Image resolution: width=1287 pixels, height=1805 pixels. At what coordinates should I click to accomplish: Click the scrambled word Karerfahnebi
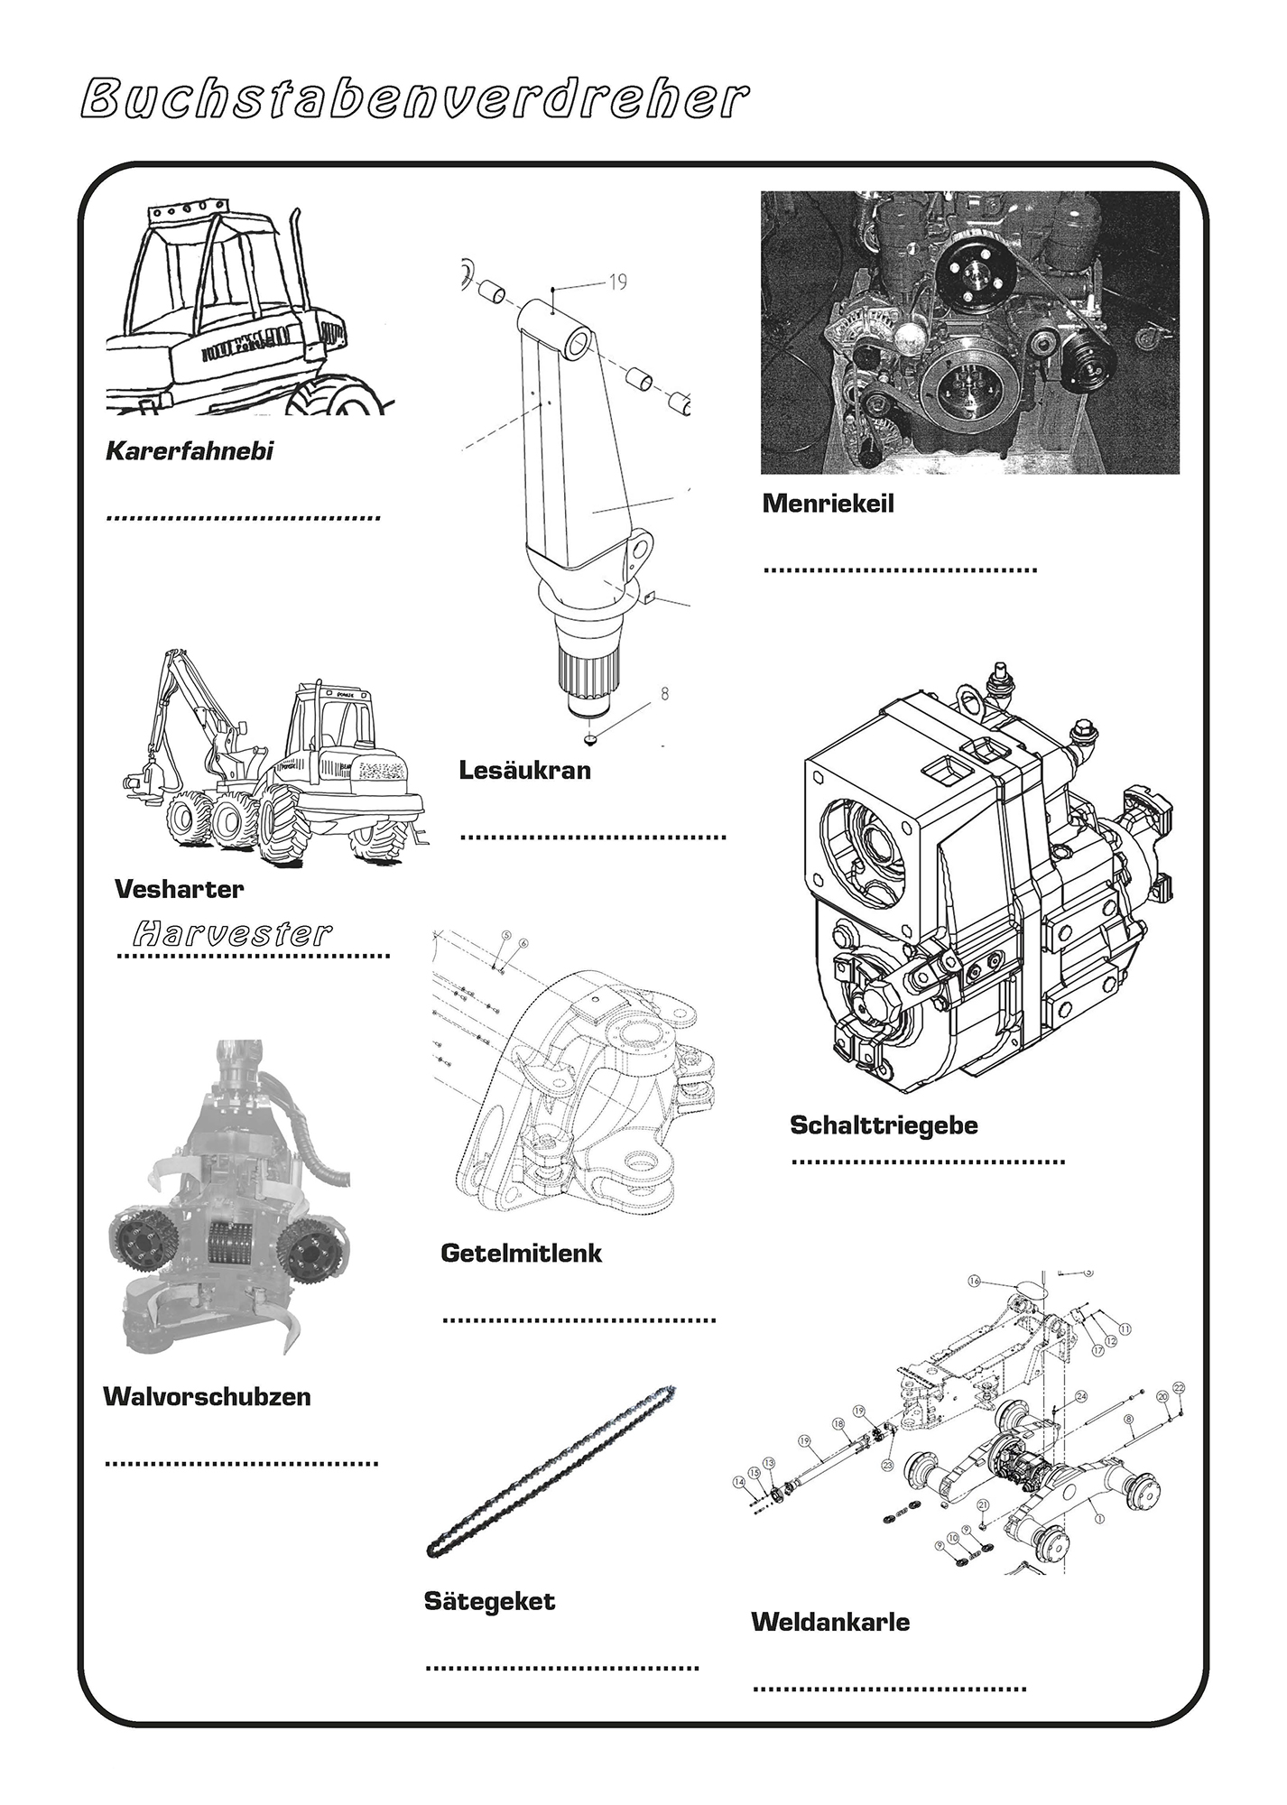click(x=190, y=451)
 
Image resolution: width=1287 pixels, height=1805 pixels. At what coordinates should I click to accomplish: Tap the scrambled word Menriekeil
click(x=828, y=504)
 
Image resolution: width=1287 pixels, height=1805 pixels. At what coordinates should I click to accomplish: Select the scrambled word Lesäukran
click(x=524, y=770)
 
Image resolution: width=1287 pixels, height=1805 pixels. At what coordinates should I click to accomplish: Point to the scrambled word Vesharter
click(x=179, y=889)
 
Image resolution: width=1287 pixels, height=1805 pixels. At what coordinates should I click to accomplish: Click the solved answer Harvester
click(x=233, y=932)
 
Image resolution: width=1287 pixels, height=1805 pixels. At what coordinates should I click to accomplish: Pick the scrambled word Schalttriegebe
click(x=884, y=1125)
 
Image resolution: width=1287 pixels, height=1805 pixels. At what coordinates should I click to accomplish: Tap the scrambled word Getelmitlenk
click(x=521, y=1253)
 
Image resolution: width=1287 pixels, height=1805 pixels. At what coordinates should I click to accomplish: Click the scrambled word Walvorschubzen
click(x=207, y=1396)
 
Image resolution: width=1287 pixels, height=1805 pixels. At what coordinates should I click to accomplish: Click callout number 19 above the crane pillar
click(x=617, y=282)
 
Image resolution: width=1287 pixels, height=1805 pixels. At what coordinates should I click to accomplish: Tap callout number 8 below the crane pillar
click(x=664, y=695)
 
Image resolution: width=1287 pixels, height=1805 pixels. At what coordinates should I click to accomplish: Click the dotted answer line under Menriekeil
click(x=900, y=569)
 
